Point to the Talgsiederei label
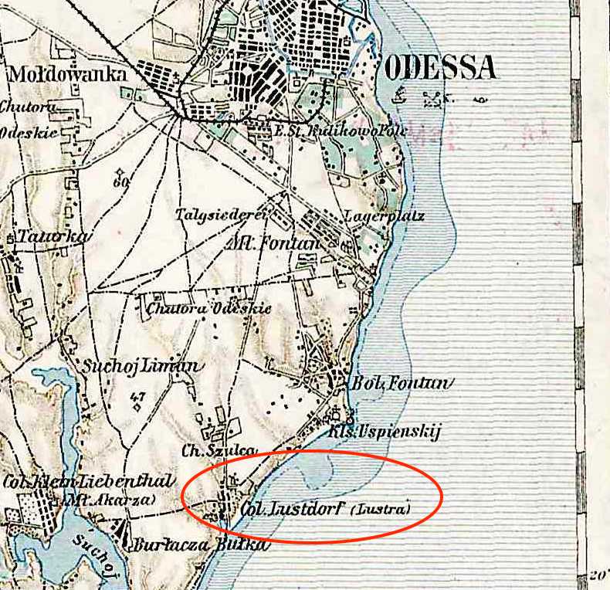(221, 215)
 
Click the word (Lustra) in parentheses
(380, 510)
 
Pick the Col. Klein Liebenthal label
(87, 482)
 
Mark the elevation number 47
(139, 398)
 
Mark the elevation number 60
(120, 183)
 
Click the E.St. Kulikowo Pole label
(330, 131)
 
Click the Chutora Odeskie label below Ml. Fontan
(208, 309)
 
